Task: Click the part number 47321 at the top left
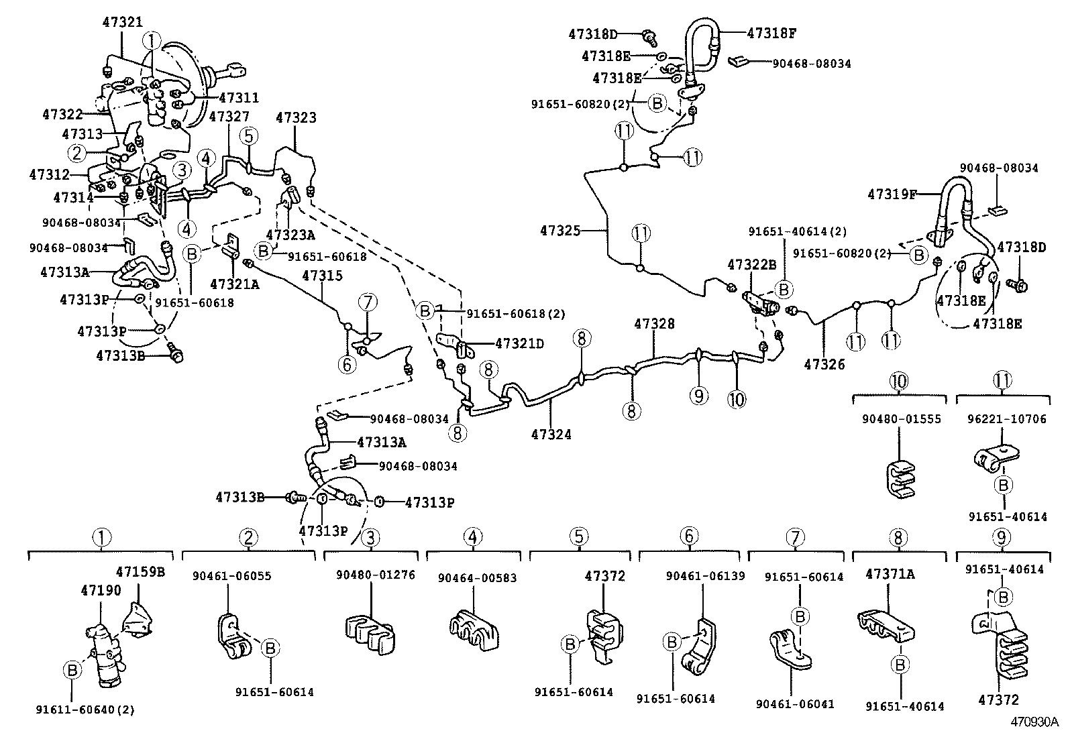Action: click(123, 22)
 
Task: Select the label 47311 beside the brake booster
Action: click(239, 97)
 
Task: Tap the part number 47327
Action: click(229, 116)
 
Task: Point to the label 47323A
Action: click(290, 235)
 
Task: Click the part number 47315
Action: click(322, 276)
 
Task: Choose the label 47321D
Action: click(520, 343)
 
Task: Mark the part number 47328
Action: click(654, 324)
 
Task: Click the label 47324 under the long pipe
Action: click(551, 435)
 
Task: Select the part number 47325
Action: click(560, 231)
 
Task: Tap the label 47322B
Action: click(752, 265)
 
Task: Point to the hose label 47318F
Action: click(771, 33)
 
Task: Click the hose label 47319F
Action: click(892, 194)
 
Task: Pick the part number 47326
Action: click(824, 364)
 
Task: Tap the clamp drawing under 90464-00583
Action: click(474, 630)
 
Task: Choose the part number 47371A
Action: click(890, 574)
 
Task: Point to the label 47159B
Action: click(140, 571)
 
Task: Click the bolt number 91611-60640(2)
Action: click(85, 710)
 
